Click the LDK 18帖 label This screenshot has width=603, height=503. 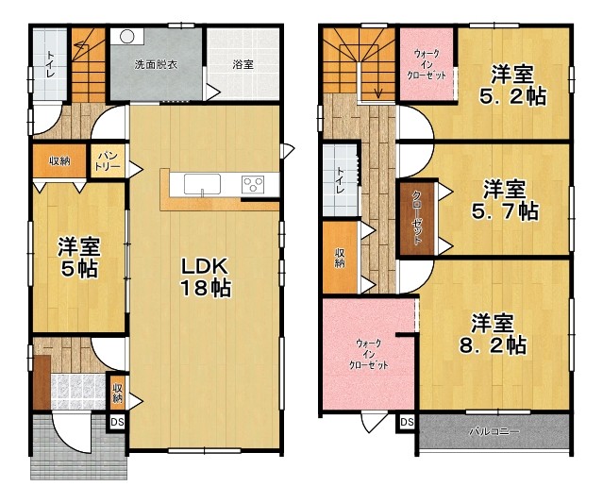pos(206,277)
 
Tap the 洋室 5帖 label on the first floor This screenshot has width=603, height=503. pos(79,258)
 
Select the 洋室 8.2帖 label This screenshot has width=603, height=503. pos(493,335)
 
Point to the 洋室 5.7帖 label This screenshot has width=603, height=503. pos(505,200)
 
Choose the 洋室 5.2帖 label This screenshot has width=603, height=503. pos(512,85)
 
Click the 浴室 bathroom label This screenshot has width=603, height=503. pos(243,64)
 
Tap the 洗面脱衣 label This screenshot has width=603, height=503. pos(156,64)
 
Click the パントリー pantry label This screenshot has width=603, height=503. pos(108,161)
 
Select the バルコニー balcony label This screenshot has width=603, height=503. pos(494,431)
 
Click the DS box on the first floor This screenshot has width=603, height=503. pos(117,422)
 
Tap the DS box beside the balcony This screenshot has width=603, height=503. pos(407,422)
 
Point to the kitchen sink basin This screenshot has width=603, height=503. pos(202,184)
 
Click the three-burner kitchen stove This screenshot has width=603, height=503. pos(253,184)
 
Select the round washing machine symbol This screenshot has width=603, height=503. pos(126,37)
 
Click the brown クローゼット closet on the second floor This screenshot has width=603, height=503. pos(417,218)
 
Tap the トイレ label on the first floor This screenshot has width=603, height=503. pos(50,64)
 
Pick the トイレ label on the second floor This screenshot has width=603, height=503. pos(340,180)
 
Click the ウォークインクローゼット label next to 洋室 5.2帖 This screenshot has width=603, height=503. pos(427,64)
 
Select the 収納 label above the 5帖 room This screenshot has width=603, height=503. pos(59,160)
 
